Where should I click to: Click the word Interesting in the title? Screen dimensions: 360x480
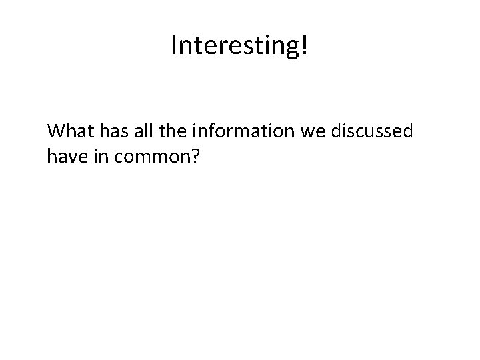[236, 45]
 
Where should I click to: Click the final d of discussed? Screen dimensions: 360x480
[407, 131]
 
